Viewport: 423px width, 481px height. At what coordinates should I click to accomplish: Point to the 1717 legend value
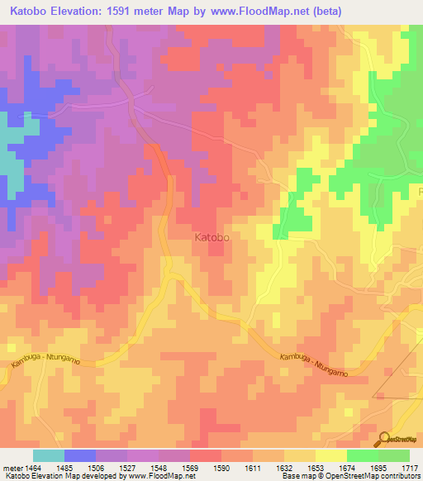pos(409,468)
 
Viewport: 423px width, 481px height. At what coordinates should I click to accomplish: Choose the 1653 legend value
pos(315,468)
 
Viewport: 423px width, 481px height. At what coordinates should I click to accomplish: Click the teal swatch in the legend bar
pos(48,455)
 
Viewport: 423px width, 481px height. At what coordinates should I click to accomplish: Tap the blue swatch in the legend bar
pos(80,455)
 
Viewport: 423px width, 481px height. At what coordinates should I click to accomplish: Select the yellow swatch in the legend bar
pos(330,455)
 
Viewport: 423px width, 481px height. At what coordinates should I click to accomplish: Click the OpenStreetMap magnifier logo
pos(385,438)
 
